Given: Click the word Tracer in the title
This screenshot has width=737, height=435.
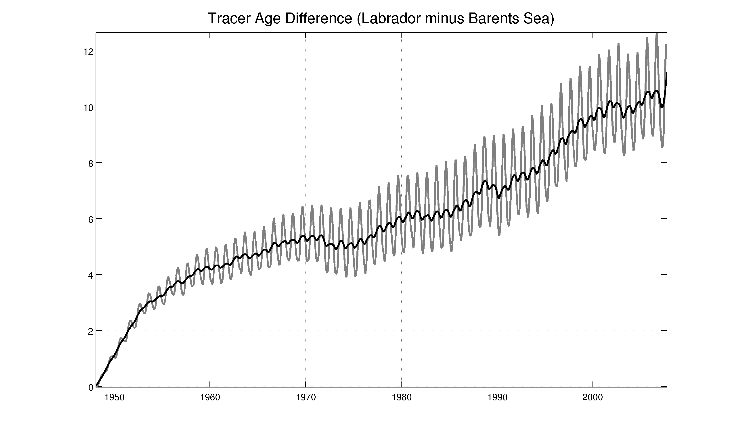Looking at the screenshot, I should (x=229, y=19).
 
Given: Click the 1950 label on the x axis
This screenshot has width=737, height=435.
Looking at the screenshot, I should (x=114, y=398).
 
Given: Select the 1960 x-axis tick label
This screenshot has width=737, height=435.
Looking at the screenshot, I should (x=210, y=398).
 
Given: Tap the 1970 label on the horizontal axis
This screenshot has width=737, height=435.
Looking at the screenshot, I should (x=306, y=398).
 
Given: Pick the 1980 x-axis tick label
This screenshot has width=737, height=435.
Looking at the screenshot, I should (x=402, y=398).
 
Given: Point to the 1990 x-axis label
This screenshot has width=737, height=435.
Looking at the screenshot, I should (x=497, y=398).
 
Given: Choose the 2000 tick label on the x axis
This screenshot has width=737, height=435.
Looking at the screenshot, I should (x=593, y=398).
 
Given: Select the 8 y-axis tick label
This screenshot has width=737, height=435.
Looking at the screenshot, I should (x=90, y=164).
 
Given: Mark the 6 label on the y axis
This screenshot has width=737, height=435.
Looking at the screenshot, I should (x=90, y=219).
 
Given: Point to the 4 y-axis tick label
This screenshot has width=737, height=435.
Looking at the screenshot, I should (x=90, y=275).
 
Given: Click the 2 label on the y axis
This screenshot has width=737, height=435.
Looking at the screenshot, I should (x=90, y=331).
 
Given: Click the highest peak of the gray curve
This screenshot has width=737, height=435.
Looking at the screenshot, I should (x=657, y=34).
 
